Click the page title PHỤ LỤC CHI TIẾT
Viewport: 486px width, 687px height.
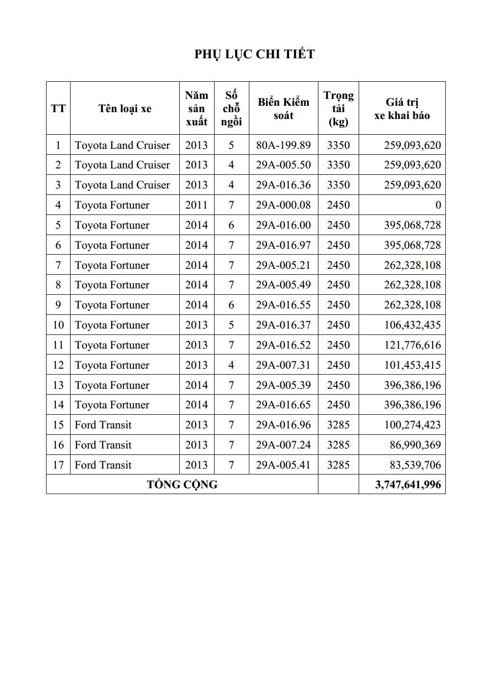(254, 54)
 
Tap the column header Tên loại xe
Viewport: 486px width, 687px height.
(124, 109)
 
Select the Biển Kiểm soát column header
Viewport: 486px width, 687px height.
(283, 109)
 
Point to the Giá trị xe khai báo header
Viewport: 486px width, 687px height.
(402, 109)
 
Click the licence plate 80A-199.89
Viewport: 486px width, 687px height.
(283, 145)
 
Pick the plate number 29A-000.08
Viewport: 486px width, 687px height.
(283, 205)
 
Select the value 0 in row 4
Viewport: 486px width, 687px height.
(438, 205)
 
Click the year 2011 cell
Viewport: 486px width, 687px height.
(196, 205)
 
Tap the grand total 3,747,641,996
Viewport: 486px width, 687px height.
(408, 485)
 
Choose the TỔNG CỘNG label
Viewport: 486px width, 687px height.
(182, 485)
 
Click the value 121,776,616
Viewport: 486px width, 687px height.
(412, 345)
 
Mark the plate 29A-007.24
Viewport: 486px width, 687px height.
(283, 445)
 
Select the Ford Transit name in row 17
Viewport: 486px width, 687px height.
(103, 465)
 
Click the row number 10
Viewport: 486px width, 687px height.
(58, 325)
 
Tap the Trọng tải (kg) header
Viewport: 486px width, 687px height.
(338, 109)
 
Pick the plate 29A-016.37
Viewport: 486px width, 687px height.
(283, 325)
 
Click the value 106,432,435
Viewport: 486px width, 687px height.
(412, 325)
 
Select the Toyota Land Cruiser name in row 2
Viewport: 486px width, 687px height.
(122, 165)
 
